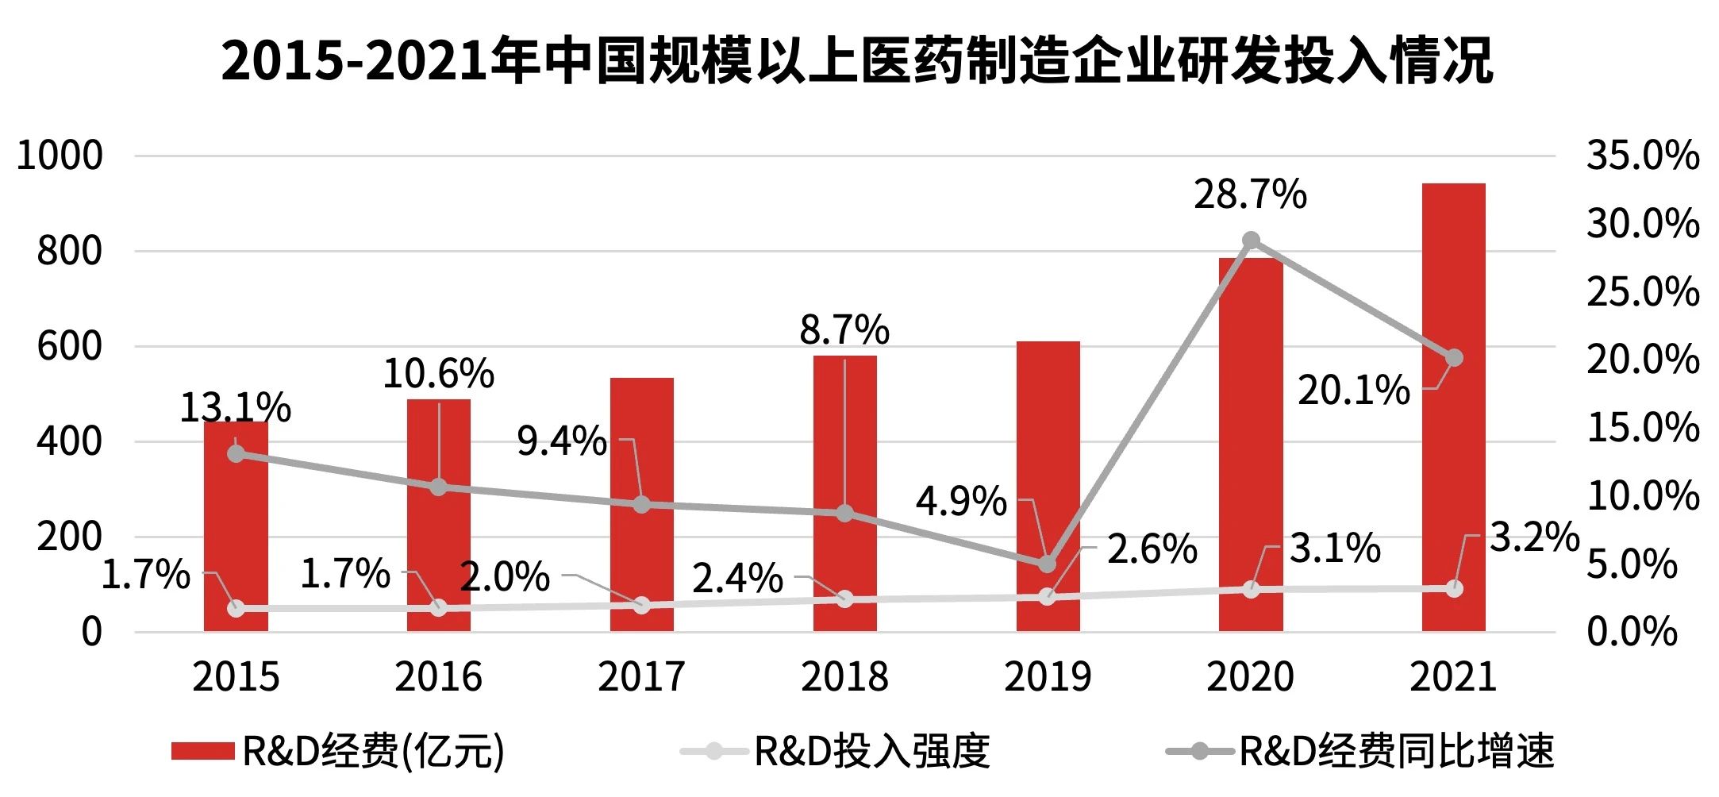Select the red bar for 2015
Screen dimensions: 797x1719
236,540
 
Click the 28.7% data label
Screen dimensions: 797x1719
1250,194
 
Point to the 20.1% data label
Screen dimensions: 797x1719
1353,391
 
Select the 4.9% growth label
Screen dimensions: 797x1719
960,502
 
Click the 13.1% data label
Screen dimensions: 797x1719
235,408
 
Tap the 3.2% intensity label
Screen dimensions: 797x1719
1534,537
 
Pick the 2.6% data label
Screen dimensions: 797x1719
1152,549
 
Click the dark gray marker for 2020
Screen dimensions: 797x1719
1251,241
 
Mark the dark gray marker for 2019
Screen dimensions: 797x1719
1048,564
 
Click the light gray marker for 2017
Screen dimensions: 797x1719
642,606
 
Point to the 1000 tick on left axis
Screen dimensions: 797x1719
60,155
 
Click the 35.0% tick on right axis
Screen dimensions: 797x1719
1642,155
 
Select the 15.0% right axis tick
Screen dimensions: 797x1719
1642,427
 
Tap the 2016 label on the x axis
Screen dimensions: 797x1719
439,677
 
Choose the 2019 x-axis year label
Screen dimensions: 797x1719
1048,677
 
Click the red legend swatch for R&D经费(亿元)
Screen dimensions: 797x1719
202,751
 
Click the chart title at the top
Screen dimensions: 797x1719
857,60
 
